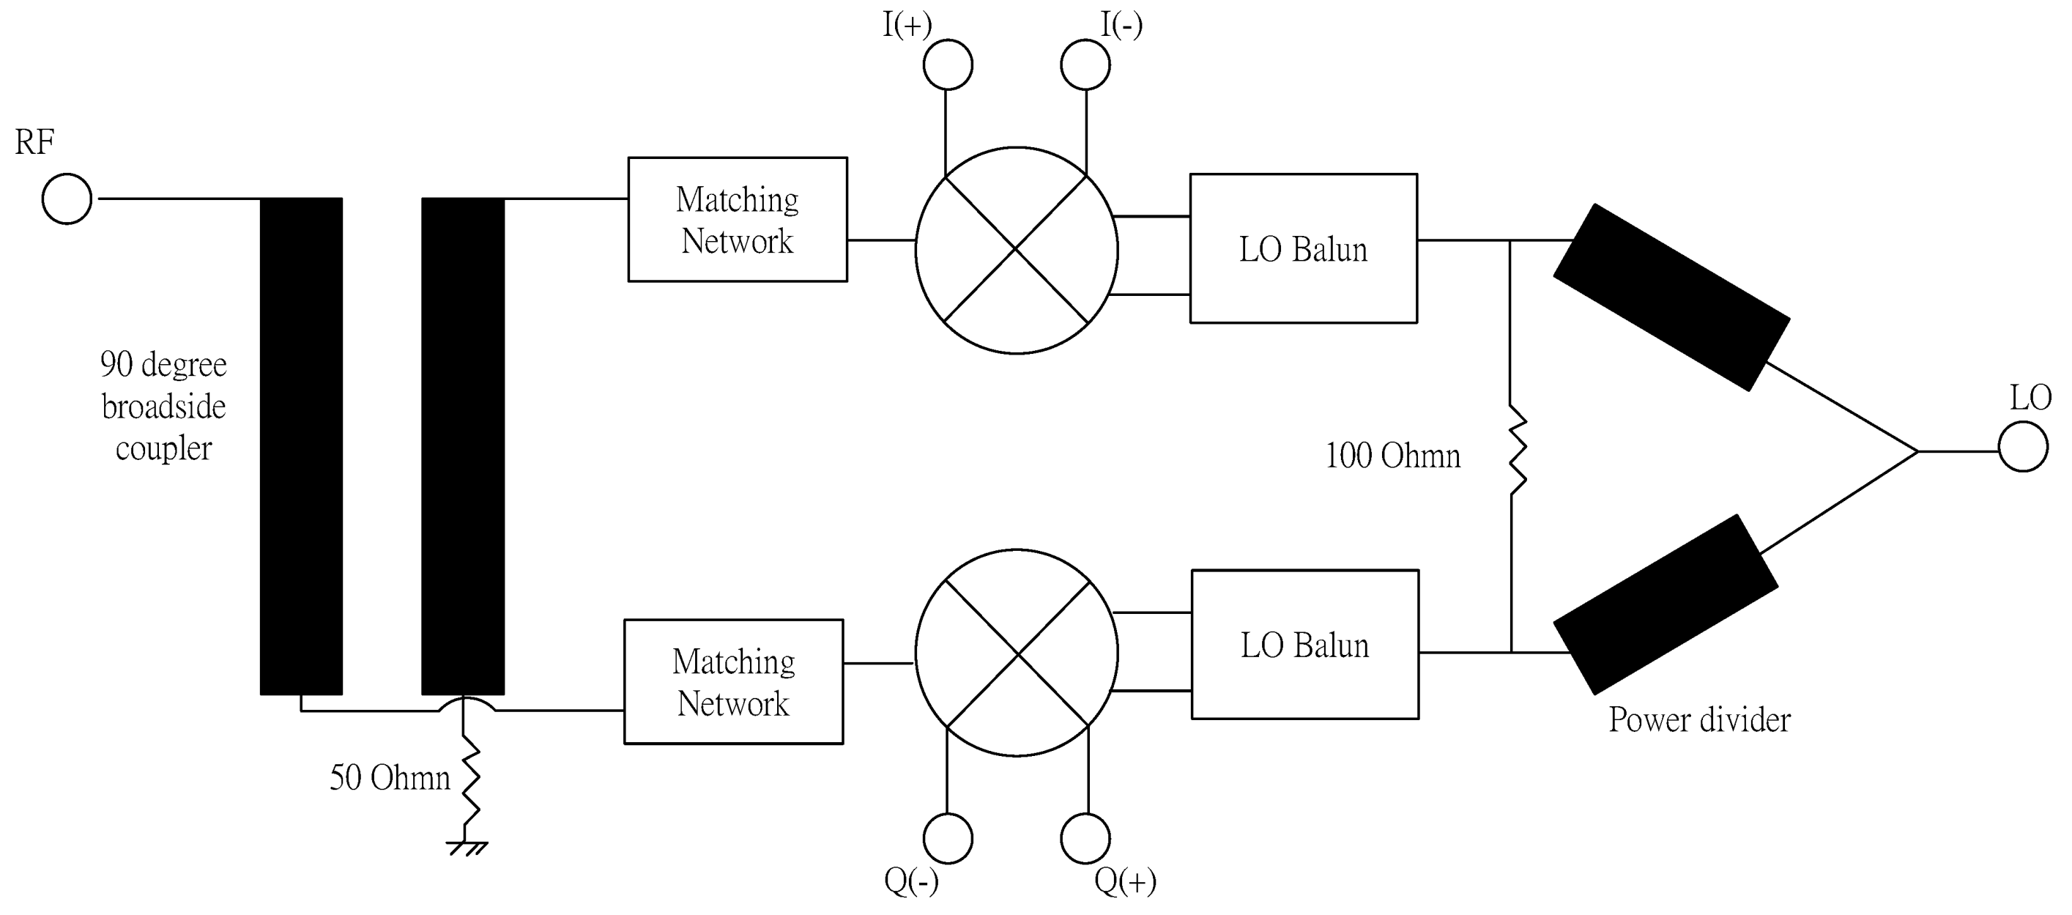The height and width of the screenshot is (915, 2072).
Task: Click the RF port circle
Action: (67, 199)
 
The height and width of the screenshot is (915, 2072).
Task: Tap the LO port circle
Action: (2022, 448)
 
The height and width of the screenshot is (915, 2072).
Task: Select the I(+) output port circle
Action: (948, 64)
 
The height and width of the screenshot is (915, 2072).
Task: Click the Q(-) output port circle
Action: (948, 839)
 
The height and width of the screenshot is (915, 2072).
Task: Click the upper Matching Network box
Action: (737, 219)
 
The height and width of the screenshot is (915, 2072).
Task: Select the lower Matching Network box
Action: (734, 681)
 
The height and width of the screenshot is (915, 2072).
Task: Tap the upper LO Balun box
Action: (1303, 248)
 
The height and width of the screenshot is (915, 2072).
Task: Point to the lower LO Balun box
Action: (1304, 645)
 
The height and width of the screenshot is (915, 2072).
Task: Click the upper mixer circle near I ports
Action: (1016, 251)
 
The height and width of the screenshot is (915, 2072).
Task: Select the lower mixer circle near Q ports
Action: (1016, 653)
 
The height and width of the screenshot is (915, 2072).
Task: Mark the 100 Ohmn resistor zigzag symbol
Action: (1516, 451)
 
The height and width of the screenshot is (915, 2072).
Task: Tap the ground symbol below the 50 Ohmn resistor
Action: (467, 848)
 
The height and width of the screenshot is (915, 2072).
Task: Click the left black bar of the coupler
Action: (301, 446)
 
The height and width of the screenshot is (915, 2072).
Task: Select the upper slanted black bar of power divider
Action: (1671, 297)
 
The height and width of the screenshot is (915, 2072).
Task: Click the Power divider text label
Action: (1698, 719)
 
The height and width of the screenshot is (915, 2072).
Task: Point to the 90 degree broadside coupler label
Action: (163, 407)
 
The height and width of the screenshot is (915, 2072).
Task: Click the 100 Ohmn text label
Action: (1392, 456)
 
